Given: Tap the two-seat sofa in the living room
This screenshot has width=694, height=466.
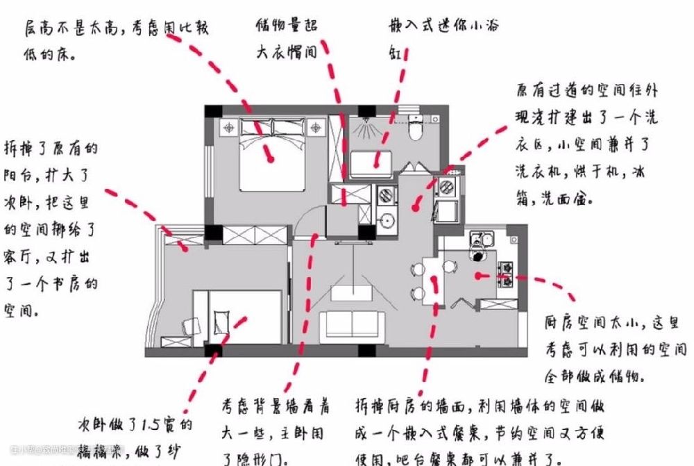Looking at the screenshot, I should pyautogui.click(x=352, y=324).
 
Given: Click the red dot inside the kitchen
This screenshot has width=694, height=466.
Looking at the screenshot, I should pyautogui.click(x=479, y=275).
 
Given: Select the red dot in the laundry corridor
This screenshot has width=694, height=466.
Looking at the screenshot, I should pyautogui.click(x=416, y=206).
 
